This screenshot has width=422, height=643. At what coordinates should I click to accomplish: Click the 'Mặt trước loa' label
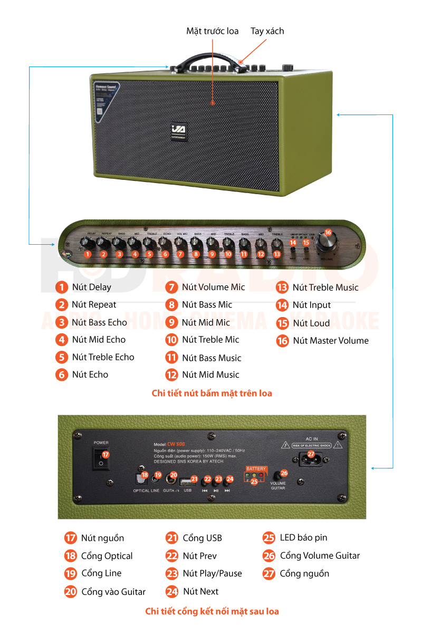coord(212,31)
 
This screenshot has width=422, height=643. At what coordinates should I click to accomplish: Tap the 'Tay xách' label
coord(267,31)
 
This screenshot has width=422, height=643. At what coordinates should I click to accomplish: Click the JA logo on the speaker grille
coord(178,130)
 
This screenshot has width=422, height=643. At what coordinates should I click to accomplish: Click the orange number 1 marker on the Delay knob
coord(88,254)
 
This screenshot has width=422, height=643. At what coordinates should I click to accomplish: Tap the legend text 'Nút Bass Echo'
coord(99,322)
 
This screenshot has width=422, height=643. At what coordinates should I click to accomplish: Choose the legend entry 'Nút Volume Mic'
coord(213,287)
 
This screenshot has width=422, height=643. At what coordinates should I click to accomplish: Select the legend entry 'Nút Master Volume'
coord(330,341)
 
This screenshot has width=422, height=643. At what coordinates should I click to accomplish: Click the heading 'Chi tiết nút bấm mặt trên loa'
coord(212,394)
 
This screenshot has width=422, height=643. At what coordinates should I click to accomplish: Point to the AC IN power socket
coord(311,458)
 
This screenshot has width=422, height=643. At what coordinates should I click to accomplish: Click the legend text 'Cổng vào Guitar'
coord(113,592)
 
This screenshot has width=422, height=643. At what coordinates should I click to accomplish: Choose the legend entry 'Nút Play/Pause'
coord(212,573)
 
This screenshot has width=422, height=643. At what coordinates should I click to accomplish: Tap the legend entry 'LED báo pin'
coord(303,538)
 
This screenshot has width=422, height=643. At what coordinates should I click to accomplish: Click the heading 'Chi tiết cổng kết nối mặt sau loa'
coord(212,612)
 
